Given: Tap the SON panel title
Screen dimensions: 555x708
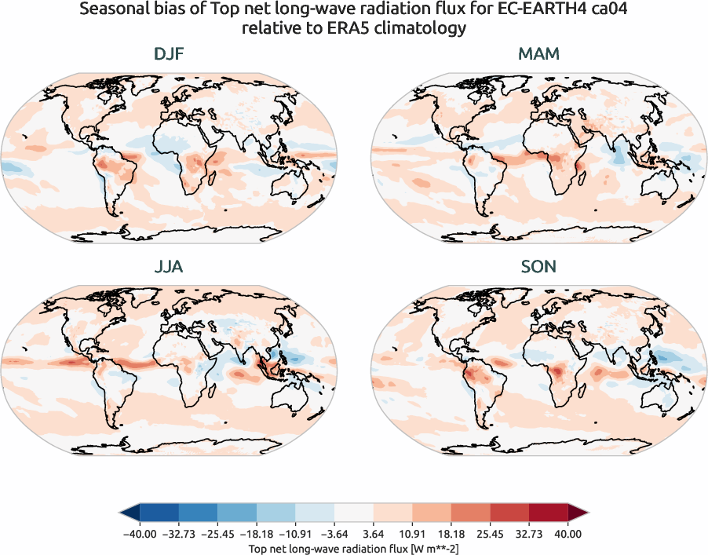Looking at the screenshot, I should [x=538, y=267].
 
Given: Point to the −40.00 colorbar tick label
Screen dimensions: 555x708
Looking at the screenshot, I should [x=141, y=533].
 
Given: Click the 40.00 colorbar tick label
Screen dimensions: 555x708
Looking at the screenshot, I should [x=567, y=533].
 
